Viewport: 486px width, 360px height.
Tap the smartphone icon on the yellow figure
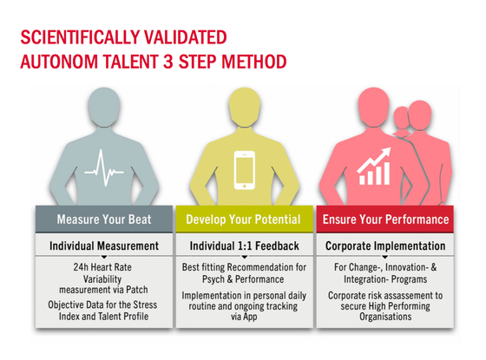click(244, 170)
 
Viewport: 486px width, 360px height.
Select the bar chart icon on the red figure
click(374, 167)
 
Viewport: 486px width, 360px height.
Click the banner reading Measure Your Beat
click(104, 219)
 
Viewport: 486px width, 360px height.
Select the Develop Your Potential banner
click(244, 219)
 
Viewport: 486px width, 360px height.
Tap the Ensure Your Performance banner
click(385, 219)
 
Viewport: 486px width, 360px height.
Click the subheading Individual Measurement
click(104, 246)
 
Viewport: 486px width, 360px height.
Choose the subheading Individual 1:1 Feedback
click(244, 246)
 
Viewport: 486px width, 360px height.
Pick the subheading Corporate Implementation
click(385, 246)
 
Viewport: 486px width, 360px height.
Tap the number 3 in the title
click(168, 62)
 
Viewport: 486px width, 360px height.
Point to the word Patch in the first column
click(137, 290)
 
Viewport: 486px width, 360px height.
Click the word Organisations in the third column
click(385, 317)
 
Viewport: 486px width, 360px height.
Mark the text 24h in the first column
click(81, 267)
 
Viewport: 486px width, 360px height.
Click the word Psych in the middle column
click(213, 279)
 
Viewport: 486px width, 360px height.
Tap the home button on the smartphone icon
click(245, 186)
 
